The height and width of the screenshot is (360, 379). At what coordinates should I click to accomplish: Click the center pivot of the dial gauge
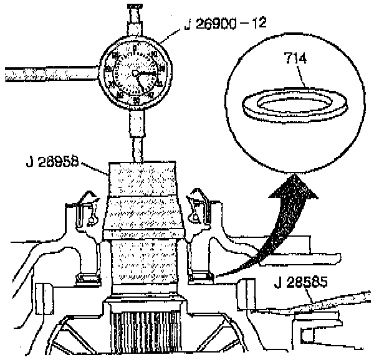tap(137, 72)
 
